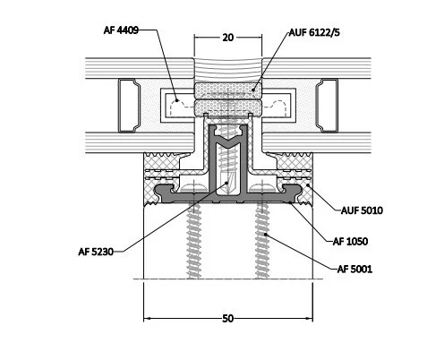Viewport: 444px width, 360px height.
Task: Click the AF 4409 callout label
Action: [x=121, y=30]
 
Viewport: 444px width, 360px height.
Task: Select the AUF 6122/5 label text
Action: [x=314, y=32]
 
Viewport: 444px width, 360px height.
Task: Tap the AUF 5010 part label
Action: [x=362, y=210]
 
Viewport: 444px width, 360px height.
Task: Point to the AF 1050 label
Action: [x=350, y=241]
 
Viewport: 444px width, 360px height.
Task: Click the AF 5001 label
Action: [x=354, y=269]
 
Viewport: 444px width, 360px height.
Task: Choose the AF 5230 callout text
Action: [x=96, y=252]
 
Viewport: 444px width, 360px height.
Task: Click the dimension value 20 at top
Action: [x=227, y=38]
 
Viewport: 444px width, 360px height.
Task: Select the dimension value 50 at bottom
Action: [x=227, y=319]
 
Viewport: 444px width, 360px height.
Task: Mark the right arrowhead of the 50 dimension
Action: [x=309, y=319]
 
